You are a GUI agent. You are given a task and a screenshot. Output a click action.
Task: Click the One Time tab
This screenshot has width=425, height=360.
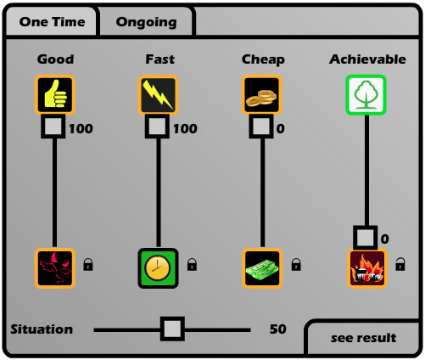[52, 22]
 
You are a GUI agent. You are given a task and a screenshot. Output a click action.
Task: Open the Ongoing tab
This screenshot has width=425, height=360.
[146, 22]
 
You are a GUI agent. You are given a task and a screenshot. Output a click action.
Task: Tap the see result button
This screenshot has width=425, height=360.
[363, 338]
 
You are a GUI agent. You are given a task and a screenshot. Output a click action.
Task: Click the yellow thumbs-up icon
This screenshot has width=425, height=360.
[55, 95]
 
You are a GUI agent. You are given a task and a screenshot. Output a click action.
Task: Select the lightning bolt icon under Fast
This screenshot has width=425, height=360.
[158, 95]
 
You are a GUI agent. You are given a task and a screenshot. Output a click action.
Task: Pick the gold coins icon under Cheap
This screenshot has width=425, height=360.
[262, 95]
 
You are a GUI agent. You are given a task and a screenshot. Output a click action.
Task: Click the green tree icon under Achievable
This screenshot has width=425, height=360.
[366, 95]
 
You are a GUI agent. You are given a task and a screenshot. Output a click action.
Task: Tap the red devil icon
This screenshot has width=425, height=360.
[55, 268]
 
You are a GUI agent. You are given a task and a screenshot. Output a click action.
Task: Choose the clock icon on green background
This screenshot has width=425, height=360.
[158, 268]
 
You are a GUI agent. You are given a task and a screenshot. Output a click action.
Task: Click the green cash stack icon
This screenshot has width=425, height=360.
[262, 268]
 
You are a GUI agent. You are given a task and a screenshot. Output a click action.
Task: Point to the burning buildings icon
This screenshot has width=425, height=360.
[367, 268]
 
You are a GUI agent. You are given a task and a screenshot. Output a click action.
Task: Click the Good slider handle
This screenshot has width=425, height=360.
[53, 127]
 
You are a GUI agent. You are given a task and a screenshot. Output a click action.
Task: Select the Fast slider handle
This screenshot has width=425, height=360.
[157, 127]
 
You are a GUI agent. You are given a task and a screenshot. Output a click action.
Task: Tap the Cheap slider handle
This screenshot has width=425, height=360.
[261, 127]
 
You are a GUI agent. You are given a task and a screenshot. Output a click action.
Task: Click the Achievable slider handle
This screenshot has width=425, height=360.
[366, 238]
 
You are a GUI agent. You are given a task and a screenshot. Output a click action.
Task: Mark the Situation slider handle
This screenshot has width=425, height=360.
[172, 329]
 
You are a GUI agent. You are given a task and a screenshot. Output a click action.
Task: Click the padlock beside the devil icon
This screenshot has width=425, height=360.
[88, 264]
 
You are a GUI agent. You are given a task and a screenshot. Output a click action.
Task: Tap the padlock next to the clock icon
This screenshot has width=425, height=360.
[192, 264]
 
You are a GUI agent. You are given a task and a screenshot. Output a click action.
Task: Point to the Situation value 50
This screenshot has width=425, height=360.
[278, 329]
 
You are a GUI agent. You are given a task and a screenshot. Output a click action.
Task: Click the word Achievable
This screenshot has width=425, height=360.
[367, 59]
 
